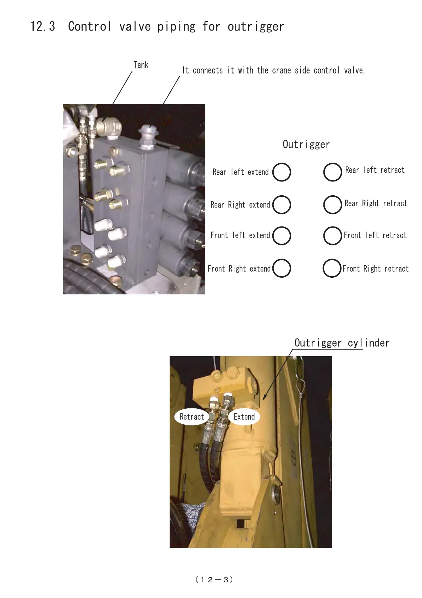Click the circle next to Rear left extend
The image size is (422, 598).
click(282, 172)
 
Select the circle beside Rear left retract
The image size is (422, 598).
click(333, 172)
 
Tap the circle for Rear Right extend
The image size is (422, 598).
click(282, 205)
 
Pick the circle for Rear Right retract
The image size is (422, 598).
click(333, 205)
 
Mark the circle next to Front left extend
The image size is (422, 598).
click(282, 236)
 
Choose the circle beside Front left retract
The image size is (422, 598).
click(333, 236)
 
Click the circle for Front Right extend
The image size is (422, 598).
click(282, 268)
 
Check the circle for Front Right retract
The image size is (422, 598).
click(332, 268)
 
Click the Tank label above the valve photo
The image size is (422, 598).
click(141, 65)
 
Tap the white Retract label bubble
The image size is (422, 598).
click(191, 417)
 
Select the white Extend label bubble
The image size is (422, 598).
click(244, 417)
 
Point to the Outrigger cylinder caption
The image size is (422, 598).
click(342, 343)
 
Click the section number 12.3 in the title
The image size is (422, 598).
click(43, 27)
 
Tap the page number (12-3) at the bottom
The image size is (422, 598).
click(214, 580)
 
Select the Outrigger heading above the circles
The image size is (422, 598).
click(306, 145)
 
